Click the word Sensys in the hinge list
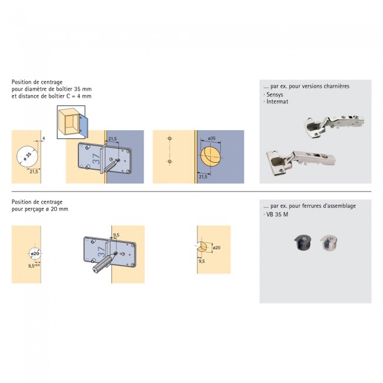pos(275,94)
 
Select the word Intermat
pos(276,101)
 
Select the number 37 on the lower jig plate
pos(100,254)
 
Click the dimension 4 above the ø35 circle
pos(44,140)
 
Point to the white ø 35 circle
pos(27,156)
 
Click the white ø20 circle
pos(35,254)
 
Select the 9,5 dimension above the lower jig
pos(116,235)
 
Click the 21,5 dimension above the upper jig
pos(111,140)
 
